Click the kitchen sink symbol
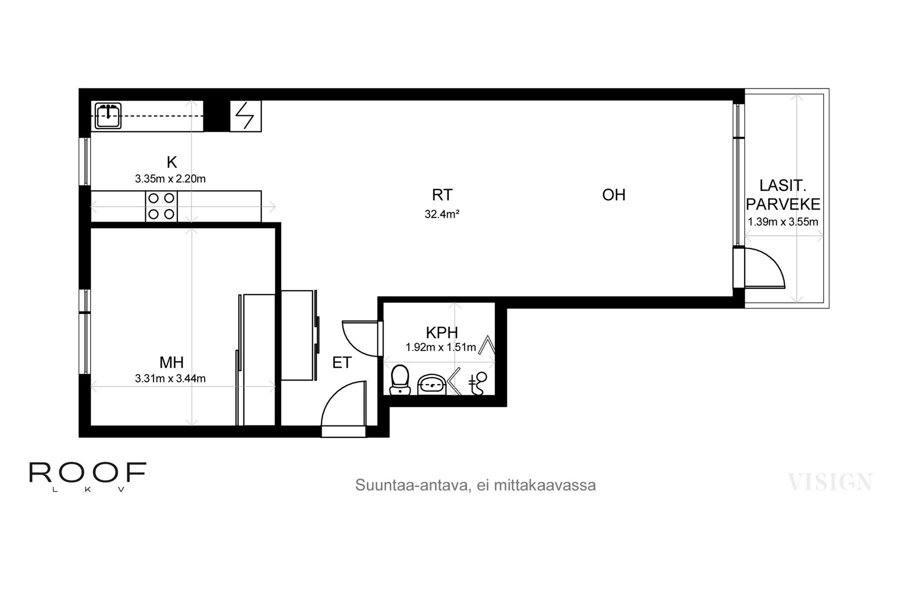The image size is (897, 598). pos(108,116)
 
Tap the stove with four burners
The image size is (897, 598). pos(161,206)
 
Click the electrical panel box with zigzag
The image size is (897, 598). pos(246,116)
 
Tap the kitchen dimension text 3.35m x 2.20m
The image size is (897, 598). pos(171,178)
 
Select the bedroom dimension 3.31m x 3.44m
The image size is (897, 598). pos(171,378)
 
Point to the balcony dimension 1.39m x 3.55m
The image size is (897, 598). pos(783,221)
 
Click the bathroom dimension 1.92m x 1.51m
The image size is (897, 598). pos(441,347)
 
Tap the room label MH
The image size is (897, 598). pos(171,362)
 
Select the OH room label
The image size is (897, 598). pos(614,195)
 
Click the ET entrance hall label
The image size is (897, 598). pos(342,363)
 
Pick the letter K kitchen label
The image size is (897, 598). pos(172,162)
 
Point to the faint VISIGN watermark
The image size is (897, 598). pos(830,482)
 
